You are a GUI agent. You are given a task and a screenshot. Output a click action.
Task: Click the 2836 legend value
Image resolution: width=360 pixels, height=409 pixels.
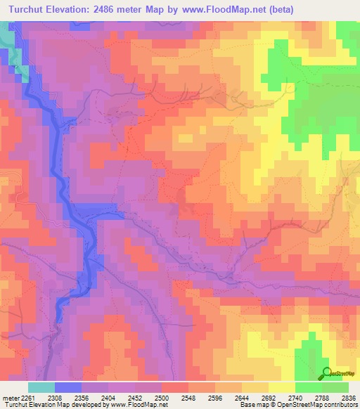pyautogui.click(x=349, y=398)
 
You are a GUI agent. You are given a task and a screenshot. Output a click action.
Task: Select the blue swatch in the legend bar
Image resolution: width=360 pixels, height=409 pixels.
pyautogui.click(x=68, y=387)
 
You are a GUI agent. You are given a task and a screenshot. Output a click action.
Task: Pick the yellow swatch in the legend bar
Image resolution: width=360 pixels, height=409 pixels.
pyautogui.click(x=282, y=387)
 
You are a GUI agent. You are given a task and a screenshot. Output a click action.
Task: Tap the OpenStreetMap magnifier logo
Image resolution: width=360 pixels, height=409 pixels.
pyautogui.click(x=327, y=372)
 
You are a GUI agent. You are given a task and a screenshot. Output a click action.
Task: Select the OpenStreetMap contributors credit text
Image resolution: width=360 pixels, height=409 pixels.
pyautogui.click(x=316, y=405)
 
